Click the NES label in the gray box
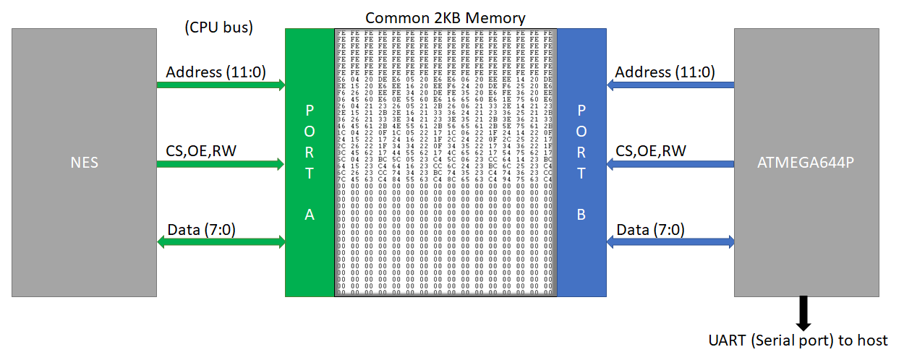pos(84,163)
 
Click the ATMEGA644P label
pos(806,163)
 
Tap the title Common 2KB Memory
pos(445,17)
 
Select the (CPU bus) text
pos(219,29)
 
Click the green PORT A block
pos(310,162)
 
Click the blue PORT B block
pos(581,162)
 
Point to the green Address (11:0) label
pos(215,72)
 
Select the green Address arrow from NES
pos(221,85)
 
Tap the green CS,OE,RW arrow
pos(221,164)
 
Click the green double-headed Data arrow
pos(221,243)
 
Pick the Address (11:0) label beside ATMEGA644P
pos(665,72)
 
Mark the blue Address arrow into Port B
pos(670,85)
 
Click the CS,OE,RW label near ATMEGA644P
pos(651,150)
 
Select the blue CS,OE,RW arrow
pos(670,164)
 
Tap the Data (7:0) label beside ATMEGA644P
pos(650,230)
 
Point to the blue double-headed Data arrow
pos(670,243)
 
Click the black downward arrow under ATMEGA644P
pos(803,312)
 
